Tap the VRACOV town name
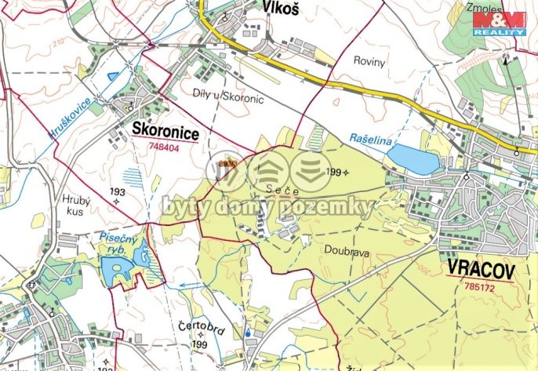click(482, 271)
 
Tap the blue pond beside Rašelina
click(413, 158)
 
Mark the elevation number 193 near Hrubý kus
click(118, 192)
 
